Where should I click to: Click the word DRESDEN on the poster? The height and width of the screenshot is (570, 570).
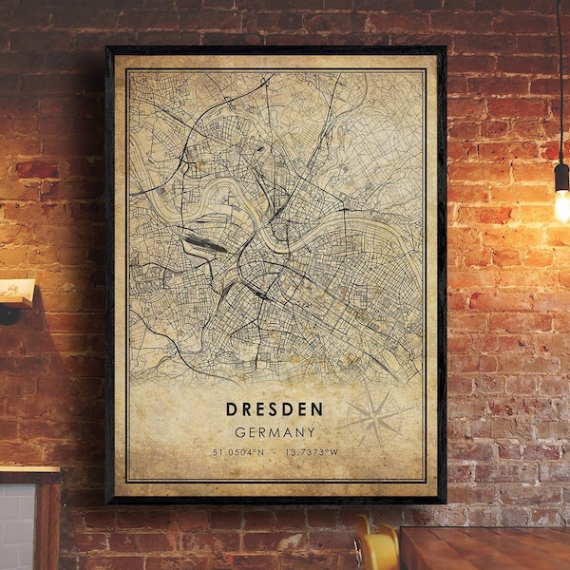point(275,409)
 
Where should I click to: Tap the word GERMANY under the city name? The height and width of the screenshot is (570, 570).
point(275,431)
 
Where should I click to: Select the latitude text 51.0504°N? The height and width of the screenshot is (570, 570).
point(239,451)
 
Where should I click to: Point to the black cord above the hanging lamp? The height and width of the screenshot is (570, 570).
point(560,76)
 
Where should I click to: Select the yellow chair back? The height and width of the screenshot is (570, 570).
point(378,549)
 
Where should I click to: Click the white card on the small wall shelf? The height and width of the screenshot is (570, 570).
point(17,289)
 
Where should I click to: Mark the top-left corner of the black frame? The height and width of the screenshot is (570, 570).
point(108,48)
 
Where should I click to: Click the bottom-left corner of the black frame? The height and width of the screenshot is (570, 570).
point(108,501)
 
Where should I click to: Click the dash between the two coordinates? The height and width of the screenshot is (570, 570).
point(275,451)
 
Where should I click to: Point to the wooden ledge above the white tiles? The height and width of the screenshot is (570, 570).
point(28,473)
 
